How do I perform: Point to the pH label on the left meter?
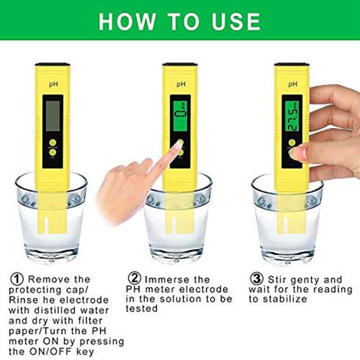pyautogui.click(x=53, y=83)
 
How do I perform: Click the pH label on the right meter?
pyautogui.click(x=292, y=83)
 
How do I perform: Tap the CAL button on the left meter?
pyautogui.click(x=53, y=153)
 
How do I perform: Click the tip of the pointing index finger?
pyautogui.click(x=176, y=147)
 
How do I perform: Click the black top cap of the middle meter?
pyautogui.click(x=180, y=65)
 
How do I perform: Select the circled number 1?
pyautogui.click(x=16, y=279)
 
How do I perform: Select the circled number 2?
pyautogui.click(x=135, y=279)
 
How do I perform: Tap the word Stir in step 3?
pyautogui.click(x=279, y=279)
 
